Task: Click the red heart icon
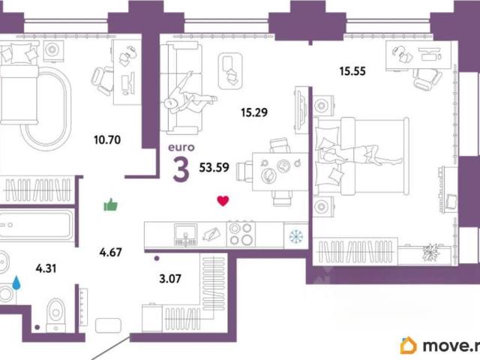tap(223, 201)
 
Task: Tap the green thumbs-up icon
tap(110, 205)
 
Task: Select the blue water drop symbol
tap(16, 283)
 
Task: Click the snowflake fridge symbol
tap(296, 236)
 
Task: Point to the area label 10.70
tap(107, 140)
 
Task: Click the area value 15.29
tap(254, 112)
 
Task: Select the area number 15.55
tap(352, 71)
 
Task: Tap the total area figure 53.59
tap(214, 167)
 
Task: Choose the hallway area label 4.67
tap(110, 252)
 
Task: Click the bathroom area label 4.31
tap(46, 268)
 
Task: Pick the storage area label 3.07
tap(170, 278)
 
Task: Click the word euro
tap(181, 147)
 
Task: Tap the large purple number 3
tap(181, 169)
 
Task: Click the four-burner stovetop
tap(241, 234)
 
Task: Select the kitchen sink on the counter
tap(185, 235)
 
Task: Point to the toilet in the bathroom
tap(55, 315)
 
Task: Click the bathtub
tap(36, 225)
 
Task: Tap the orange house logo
tap(408, 345)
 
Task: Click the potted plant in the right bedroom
tap(431, 252)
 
